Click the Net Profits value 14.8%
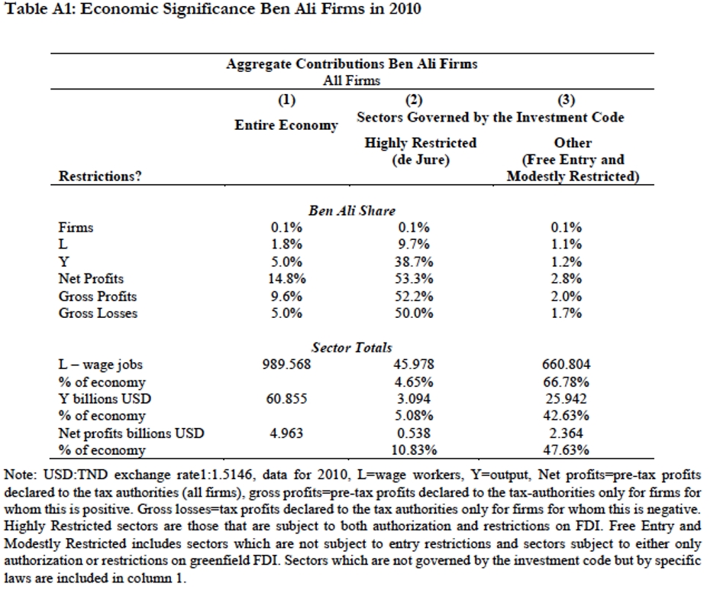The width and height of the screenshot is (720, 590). pyautogui.click(x=287, y=279)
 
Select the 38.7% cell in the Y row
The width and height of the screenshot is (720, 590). pyautogui.click(x=415, y=262)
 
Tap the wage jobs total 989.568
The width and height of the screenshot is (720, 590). pyautogui.click(x=287, y=365)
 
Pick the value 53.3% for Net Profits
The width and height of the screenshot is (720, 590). pyautogui.click(x=415, y=279)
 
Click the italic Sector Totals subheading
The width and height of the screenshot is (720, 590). pyautogui.click(x=352, y=348)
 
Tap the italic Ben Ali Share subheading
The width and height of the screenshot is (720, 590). pyautogui.click(x=352, y=211)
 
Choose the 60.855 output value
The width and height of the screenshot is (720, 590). pyautogui.click(x=287, y=399)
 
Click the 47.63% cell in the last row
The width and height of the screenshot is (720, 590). pyautogui.click(x=566, y=450)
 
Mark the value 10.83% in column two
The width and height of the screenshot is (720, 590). pyautogui.click(x=415, y=450)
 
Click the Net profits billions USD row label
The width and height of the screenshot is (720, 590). pyautogui.click(x=131, y=433)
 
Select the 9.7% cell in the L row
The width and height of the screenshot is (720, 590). pyautogui.click(x=415, y=245)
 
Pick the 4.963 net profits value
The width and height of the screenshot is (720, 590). pyautogui.click(x=287, y=433)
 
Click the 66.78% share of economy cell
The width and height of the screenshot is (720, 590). pyautogui.click(x=566, y=381)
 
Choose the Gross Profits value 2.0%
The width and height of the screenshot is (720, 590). pyautogui.click(x=566, y=296)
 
